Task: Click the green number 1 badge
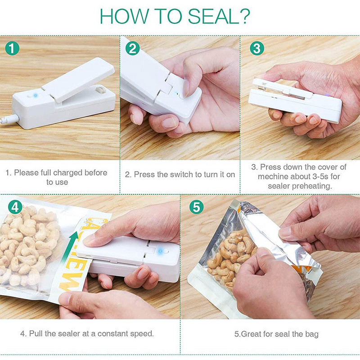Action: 12,48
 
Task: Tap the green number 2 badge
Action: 132,48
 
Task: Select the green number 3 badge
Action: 256,48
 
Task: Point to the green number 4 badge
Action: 15,207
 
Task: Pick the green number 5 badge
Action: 197,207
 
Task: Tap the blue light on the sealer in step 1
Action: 36,95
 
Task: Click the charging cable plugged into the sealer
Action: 9,119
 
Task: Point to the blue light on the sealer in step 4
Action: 161,251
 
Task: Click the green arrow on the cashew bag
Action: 69,247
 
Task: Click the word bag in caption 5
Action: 312,334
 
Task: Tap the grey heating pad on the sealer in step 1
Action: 100,90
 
